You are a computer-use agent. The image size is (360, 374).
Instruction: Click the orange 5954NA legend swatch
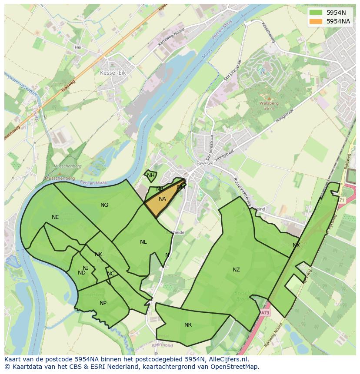click(316, 21)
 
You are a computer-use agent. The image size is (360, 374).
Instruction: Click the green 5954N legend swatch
click(316, 12)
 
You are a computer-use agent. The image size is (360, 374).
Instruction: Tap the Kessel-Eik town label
click(113, 73)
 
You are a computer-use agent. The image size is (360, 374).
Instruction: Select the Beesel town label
click(204, 164)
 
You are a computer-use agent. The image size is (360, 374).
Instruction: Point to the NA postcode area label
click(162, 199)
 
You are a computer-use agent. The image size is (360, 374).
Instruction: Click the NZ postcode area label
click(236, 270)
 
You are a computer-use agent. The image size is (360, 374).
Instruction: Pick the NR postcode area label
click(188, 325)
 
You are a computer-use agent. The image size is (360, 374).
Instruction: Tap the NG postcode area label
click(104, 205)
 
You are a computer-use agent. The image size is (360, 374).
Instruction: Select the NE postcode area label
click(55, 217)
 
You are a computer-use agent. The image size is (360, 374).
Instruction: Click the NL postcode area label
click(143, 242)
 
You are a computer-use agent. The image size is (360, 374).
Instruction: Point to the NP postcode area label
click(103, 303)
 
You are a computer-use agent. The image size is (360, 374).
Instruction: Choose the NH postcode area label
click(150, 175)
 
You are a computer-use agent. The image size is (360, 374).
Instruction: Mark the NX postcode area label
click(296, 245)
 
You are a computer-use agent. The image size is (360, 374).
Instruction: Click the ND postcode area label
click(81, 273)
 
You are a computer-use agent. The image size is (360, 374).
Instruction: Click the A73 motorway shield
click(265, 312)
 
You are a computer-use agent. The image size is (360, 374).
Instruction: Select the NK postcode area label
click(98, 255)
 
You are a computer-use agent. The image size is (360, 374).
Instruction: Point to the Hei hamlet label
click(78, 47)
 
